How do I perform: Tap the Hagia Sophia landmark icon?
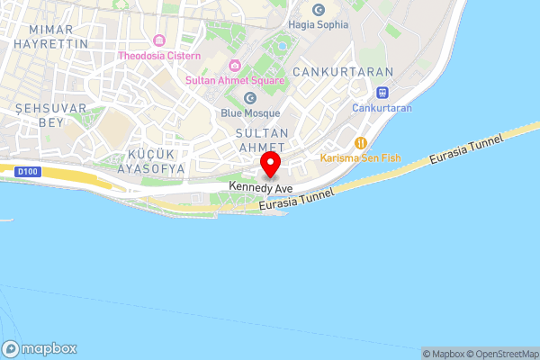click(318, 9)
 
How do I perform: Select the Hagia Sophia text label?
click(318, 25)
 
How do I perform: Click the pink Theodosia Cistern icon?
click(159, 40)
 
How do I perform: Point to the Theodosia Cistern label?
click(159, 57)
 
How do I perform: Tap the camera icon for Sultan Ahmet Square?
click(235, 65)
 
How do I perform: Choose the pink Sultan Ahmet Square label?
click(235, 80)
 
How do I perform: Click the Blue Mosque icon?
click(250, 98)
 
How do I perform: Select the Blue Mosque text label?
click(250, 113)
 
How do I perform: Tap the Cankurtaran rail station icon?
click(382, 92)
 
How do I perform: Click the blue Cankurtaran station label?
click(382, 108)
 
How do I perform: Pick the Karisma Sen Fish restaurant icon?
click(361, 142)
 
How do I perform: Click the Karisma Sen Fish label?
click(360, 157)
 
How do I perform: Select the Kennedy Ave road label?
click(261, 186)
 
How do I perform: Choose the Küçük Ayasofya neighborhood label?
click(151, 160)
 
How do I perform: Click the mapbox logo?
click(40, 348)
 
